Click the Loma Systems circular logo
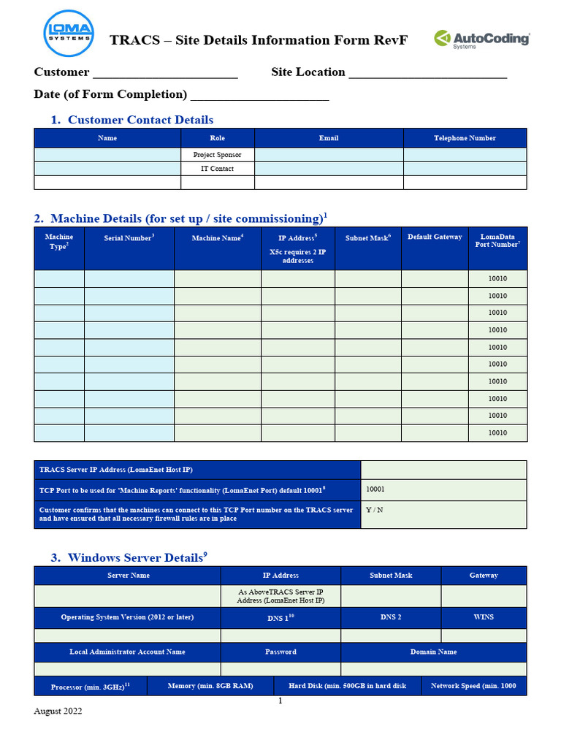(x=68, y=33)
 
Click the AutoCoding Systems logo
(x=481, y=39)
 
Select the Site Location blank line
(x=427, y=72)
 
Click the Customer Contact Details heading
(x=140, y=120)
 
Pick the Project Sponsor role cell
(x=217, y=155)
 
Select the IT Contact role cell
(x=217, y=169)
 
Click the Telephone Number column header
(x=465, y=138)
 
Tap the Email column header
(x=329, y=138)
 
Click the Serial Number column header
(x=129, y=237)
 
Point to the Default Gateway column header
(x=435, y=237)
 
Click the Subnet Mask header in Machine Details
(x=368, y=238)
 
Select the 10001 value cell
(x=443, y=490)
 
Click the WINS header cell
(x=484, y=617)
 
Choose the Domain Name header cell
(x=433, y=652)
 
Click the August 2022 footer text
(x=58, y=711)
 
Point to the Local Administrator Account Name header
(x=127, y=652)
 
